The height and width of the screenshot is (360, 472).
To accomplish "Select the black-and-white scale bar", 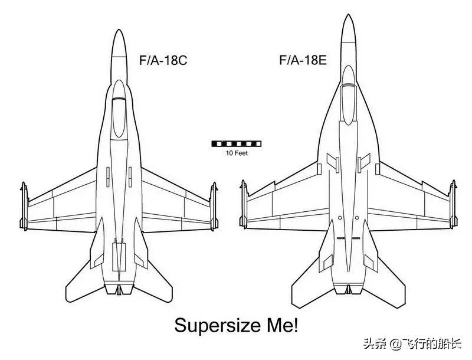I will click(x=236, y=143).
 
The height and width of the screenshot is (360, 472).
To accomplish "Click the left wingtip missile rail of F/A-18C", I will click(x=24, y=207).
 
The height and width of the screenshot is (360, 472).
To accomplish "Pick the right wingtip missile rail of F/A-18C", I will click(x=213, y=207).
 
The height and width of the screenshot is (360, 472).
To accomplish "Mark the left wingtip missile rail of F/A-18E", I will click(x=243, y=205).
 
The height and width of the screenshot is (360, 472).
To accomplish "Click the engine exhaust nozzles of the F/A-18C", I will click(x=119, y=289).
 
